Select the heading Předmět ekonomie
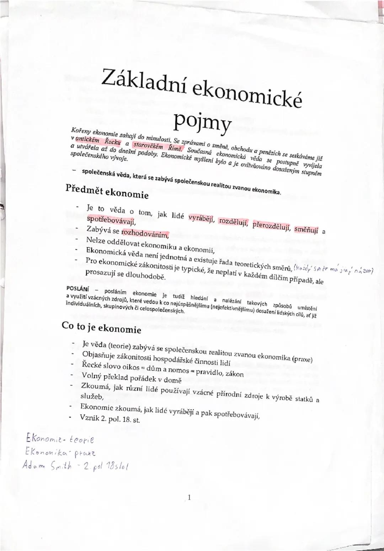click(107, 192)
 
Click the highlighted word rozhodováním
click(144, 234)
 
